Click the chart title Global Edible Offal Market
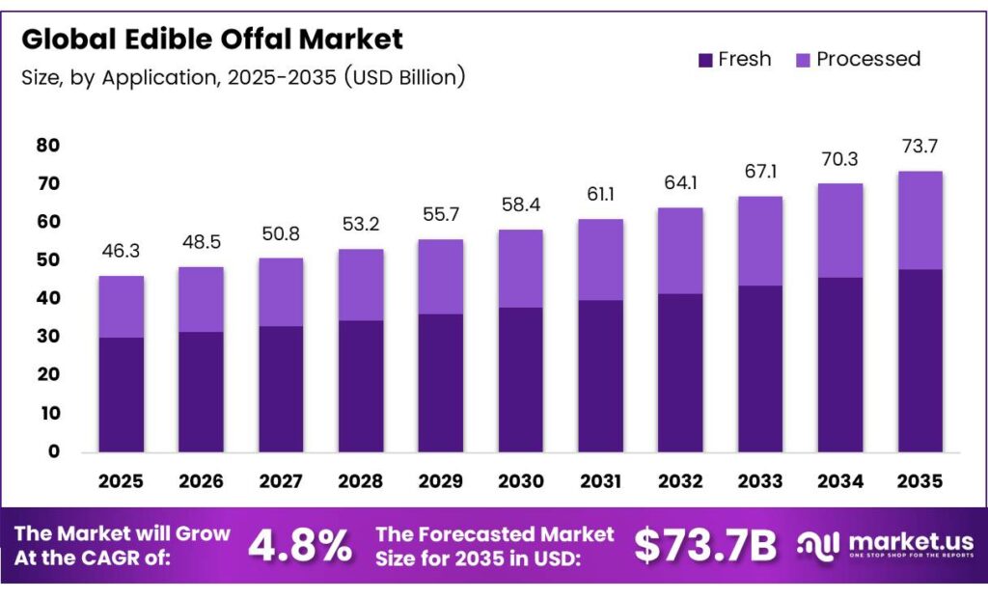tap(212, 40)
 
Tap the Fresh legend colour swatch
tap(705, 60)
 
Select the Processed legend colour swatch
tap(803, 60)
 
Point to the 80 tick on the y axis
tap(48, 146)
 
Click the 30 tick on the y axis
tap(48, 337)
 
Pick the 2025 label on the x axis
tap(121, 480)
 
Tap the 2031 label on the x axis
tap(600, 480)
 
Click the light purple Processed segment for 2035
tap(919, 220)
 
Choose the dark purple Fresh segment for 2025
tap(121, 394)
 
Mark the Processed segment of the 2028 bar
tap(360, 285)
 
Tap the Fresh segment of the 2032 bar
tap(680, 371)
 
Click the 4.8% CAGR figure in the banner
tap(300, 546)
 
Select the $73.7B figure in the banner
tap(705, 546)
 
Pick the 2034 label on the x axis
tap(839, 480)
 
